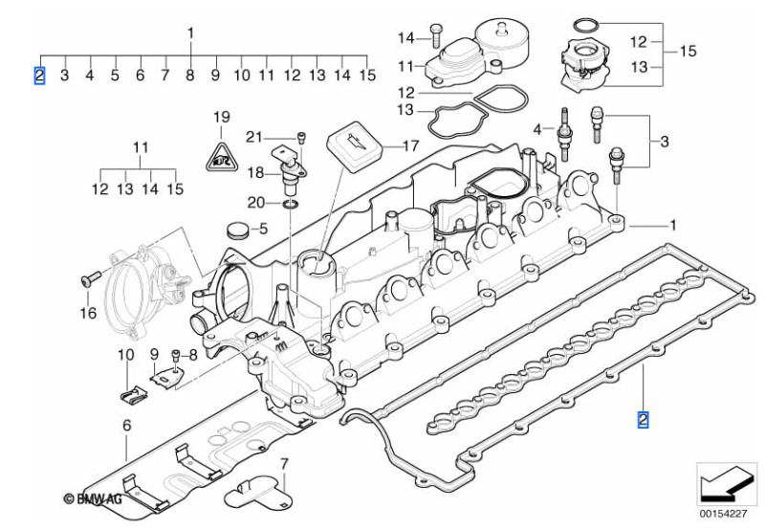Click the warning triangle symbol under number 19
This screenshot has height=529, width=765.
[x=221, y=158]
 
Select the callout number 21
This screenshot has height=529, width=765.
[x=254, y=137]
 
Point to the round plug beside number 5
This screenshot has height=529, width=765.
[x=238, y=231]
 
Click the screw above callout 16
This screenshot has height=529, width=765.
[x=90, y=278]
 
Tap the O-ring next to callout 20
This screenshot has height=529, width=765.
[x=291, y=203]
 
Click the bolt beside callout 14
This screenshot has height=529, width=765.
[x=436, y=35]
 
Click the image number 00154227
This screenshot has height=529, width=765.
[x=723, y=514]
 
